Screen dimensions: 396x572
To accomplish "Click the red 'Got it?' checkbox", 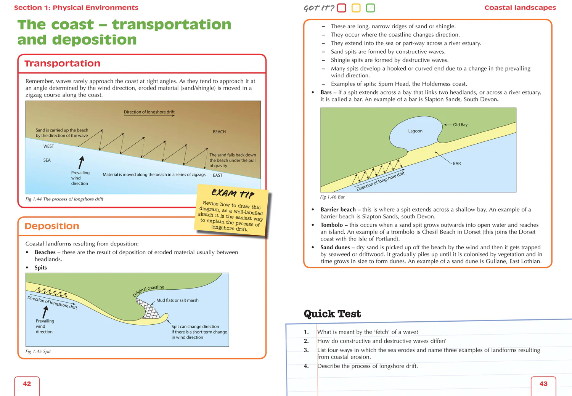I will pyautogui.click(x=342, y=8).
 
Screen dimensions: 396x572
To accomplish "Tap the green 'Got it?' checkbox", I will pyautogui.click(x=370, y=8).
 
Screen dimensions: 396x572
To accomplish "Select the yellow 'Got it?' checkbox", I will pyautogui.click(x=356, y=8).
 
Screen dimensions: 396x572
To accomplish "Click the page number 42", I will pyautogui.click(x=27, y=384).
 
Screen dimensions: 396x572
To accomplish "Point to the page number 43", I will pyautogui.click(x=543, y=384).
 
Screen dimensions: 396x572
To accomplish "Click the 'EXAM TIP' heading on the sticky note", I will pyautogui.click(x=233, y=193).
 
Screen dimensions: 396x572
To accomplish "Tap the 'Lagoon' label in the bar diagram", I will pyautogui.click(x=415, y=131).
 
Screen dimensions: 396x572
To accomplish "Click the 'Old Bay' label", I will pyautogui.click(x=460, y=125).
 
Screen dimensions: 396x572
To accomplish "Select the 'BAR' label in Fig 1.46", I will pyautogui.click(x=457, y=164).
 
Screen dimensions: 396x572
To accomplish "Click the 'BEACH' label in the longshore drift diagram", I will pyautogui.click(x=219, y=132).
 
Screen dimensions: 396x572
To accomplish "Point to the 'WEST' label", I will pyautogui.click(x=49, y=146).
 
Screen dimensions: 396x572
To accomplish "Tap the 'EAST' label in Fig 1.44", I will pyautogui.click(x=217, y=175).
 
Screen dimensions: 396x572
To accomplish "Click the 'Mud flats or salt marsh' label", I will pyautogui.click(x=177, y=300).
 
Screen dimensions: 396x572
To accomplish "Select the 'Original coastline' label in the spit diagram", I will pyautogui.click(x=148, y=290).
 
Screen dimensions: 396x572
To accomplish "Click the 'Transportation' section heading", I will pyautogui.click(x=63, y=64).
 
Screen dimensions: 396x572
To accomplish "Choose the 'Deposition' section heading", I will pyautogui.click(x=52, y=226).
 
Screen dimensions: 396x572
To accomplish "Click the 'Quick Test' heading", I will pyautogui.click(x=332, y=314).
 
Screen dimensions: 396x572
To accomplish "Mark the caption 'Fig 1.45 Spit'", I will pyautogui.click(x=38, y=351).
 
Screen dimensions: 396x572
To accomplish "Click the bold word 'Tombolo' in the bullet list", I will pyautogui.click(x=331, y=225).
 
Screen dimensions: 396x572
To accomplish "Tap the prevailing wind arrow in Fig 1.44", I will pyautogui.click(x=81, y=162).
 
